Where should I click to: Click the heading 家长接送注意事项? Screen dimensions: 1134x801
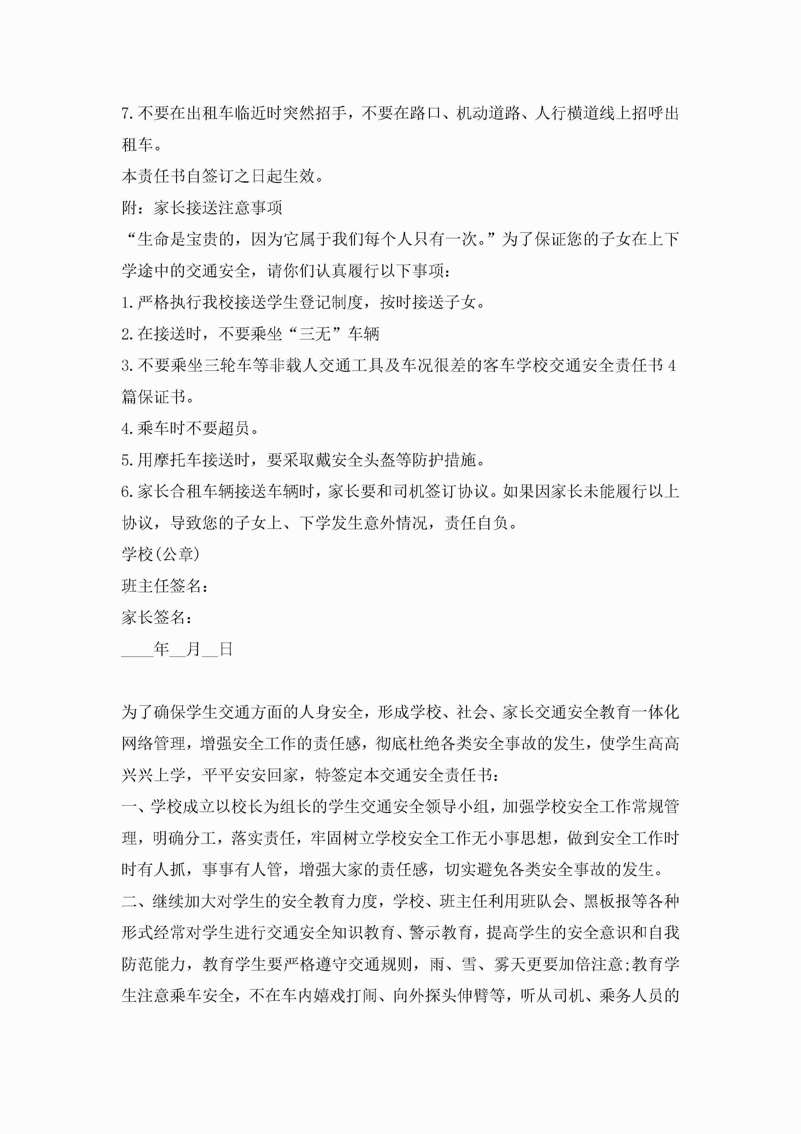218,208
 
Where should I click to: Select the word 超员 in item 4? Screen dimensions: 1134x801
234,428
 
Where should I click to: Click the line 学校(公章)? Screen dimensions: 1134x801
161,555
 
